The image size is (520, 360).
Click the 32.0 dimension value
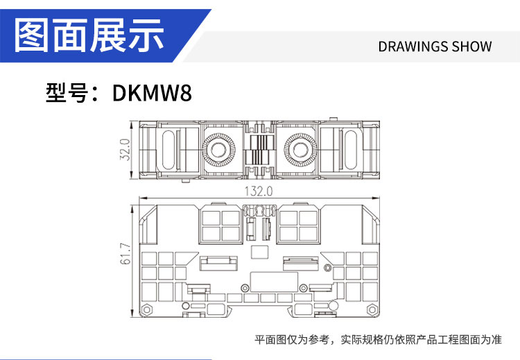click(125, 150)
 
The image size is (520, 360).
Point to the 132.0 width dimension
click(259, 191)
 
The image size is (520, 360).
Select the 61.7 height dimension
click(125, 254)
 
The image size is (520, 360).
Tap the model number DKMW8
click(152, 92)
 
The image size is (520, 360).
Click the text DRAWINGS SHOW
click(435, 46)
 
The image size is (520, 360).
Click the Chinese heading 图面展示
click(89, 35)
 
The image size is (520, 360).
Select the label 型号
click(67, 92)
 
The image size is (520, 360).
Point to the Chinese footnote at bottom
click(378, 339)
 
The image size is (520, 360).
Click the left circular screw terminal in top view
click(218, 150)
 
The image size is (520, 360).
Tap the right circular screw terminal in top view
click(300, 150)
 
